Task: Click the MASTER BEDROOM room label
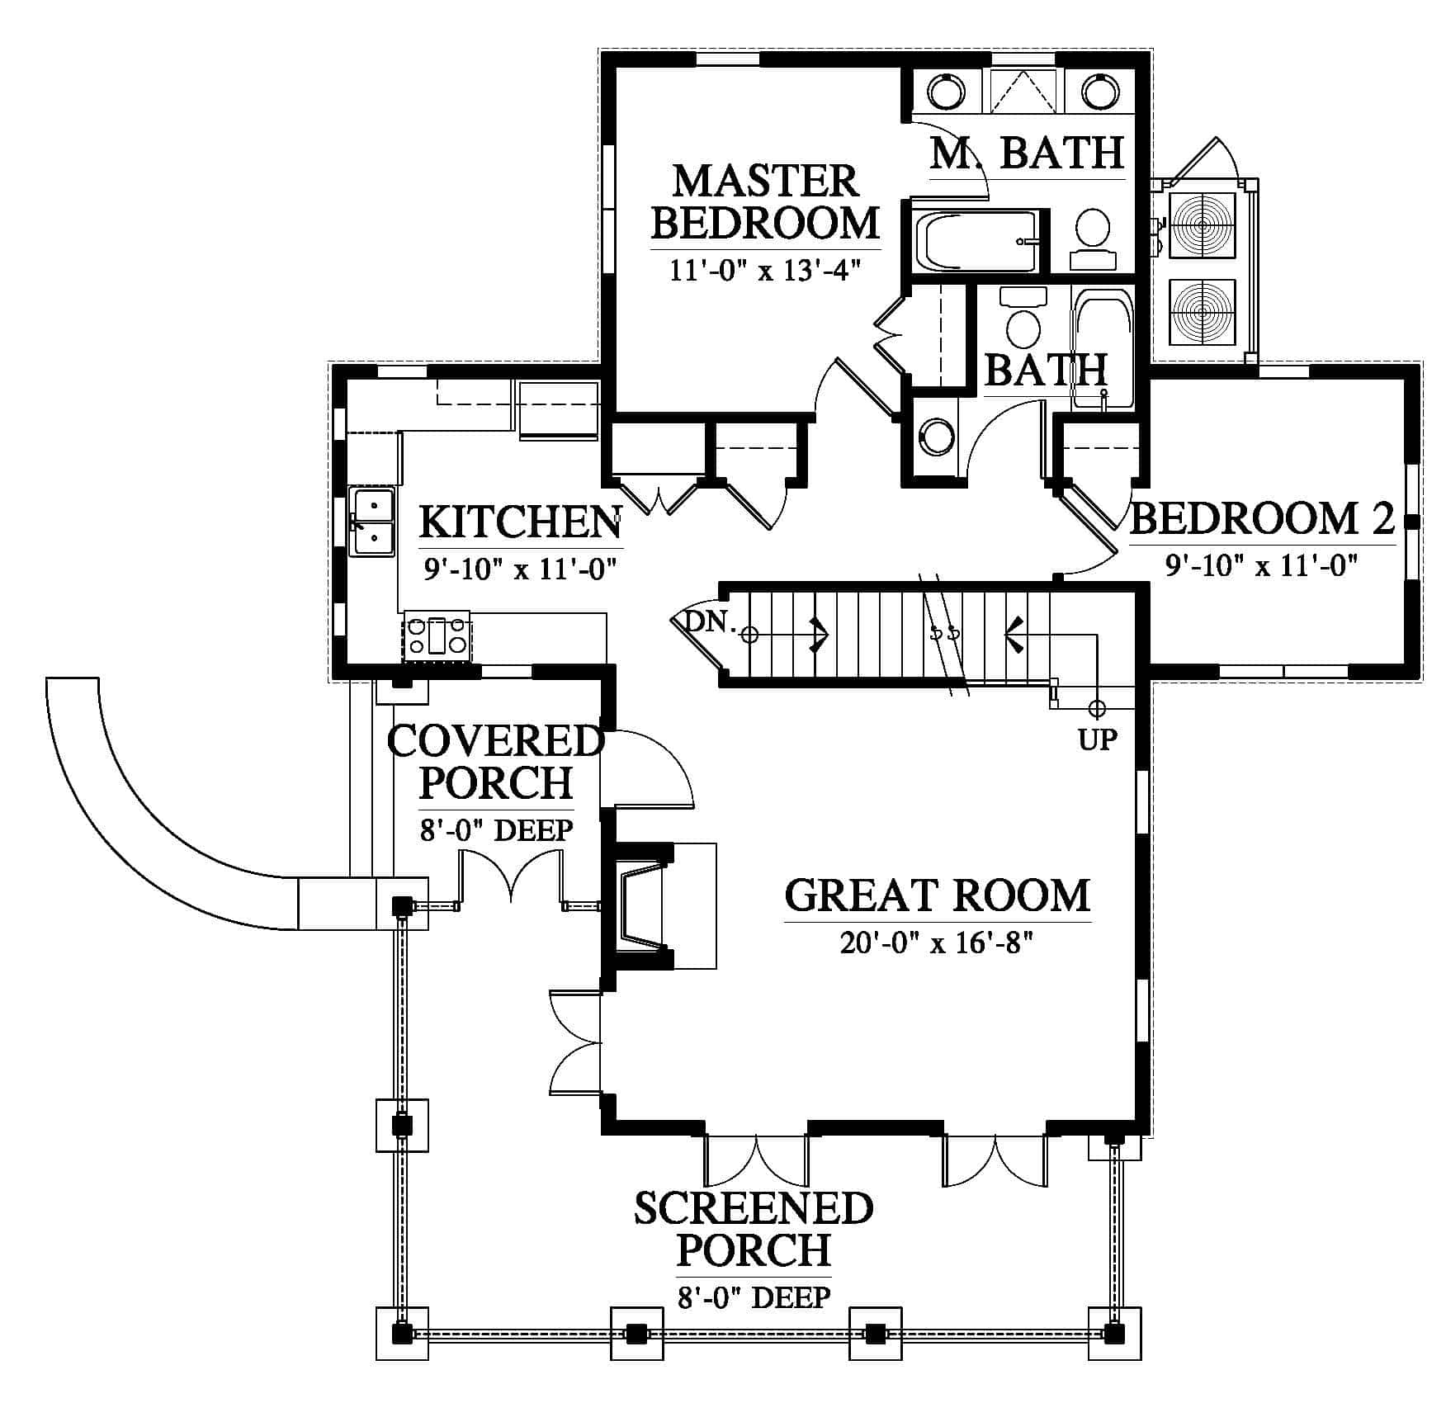tap(764, 202)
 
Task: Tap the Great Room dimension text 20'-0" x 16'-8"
tap(938, 943)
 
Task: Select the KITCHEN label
tap(521, 522)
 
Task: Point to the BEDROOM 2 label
tap(1262, 518)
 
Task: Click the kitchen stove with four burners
tap(437, 636)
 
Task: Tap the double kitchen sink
tap(371, 521)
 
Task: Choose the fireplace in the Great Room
tap(652, 905)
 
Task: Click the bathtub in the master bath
tap(976, 241)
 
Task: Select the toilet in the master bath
tap(1094, 239)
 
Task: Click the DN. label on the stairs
tap(711, 621)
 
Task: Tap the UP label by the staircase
tap(1097, 739)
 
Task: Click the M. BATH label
tap(1027, 152)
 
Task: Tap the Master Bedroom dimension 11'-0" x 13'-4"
tap(765, 270)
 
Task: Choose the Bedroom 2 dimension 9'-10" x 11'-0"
tap(1262, 565)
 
